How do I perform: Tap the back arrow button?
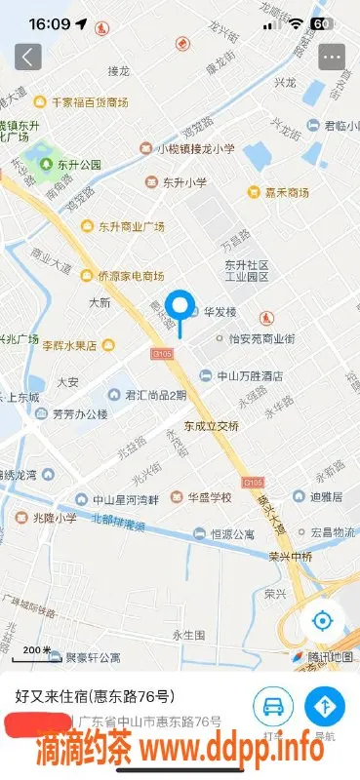(28, 57)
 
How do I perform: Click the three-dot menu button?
(333, 57)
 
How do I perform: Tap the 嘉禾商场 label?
(277, 192)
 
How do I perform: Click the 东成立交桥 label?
(207, 426)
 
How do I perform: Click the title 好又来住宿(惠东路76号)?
(96, 696)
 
